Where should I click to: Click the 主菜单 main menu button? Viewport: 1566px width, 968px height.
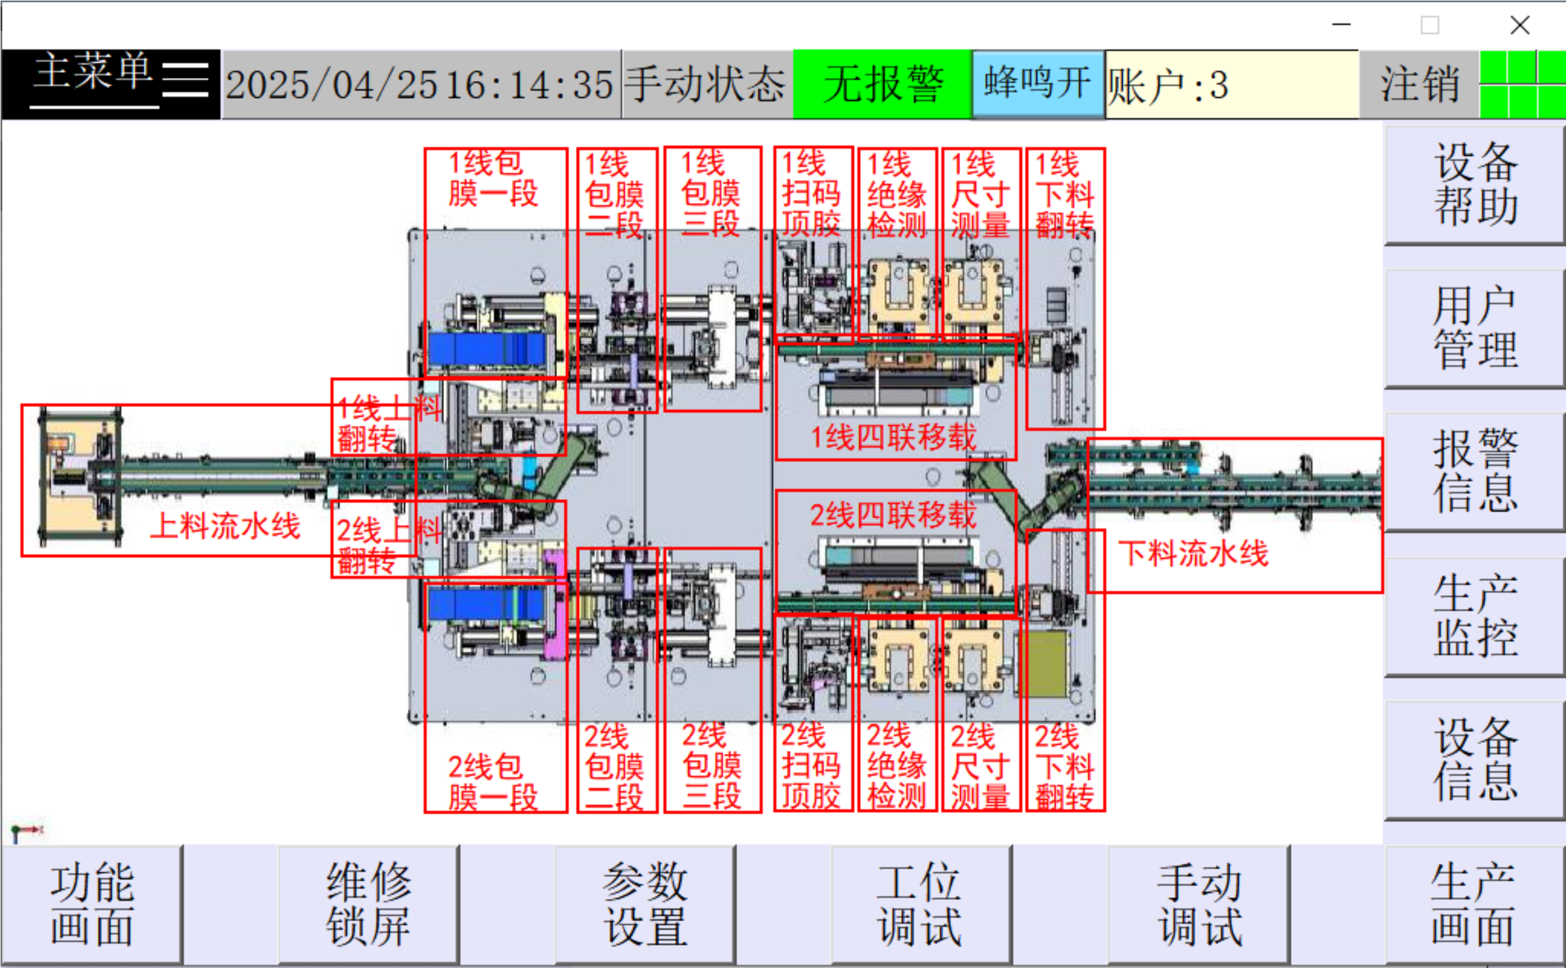pyautogui.click(x=110, y=84)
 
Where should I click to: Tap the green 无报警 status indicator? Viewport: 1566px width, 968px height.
pyautogui.click(x=882, y=84)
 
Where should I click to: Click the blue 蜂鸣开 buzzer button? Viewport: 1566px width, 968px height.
pyautogui.click(x=1038, y=84)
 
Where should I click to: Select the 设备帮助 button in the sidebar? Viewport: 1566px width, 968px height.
pyautogui.click(x=1474, y=184)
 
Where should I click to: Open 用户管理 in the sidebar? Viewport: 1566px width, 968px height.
pyautogui.click(x=1474, y=328)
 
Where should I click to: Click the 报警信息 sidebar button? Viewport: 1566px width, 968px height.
pyautogui.click(x=1474, y=471)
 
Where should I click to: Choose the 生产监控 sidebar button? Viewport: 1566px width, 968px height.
pyautogui.click(x=1474, y=615)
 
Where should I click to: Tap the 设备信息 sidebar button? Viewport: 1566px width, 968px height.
pyautogui.click(x=1474, y=759)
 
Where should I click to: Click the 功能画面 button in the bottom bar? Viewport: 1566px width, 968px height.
pyautogui.click(x=92, y=904)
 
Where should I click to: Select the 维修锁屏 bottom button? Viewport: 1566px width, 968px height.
pyautogui.click(x=368, y=904)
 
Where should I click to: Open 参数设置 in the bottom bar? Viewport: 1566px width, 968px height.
pyautogui.click(x=645, y=904)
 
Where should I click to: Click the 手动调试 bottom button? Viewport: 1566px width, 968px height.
pyautogui.click(x=1199, y=904)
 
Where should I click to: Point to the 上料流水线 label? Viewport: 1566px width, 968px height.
pyautogui.click(x=225, y=526)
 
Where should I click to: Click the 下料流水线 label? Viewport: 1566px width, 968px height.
pyautogui.click(x=1193, y=553)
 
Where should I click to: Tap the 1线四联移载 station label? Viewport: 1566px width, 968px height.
pyautogui.click(x=894, y=438)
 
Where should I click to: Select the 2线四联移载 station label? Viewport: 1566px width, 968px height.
pyautogui.click(x=894, y=515)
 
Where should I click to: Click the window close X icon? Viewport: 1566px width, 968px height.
pyautogui.click(x=1519, y=26)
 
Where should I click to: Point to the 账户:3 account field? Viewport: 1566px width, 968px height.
pyautogui.click(x=1231, y=84)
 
